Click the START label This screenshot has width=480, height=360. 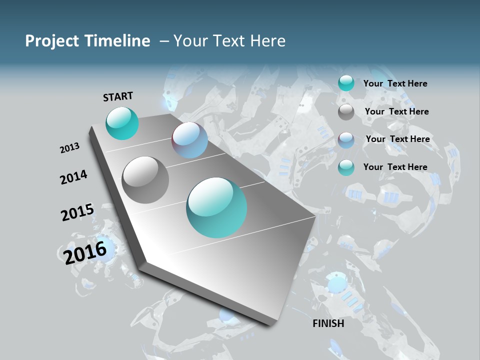tap(118, 96)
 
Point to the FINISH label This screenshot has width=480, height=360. tap(328, 323)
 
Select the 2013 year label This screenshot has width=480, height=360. tap(69, 148)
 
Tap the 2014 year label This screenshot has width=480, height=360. tap(73, 177)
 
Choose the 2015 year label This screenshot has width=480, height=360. tap(77, 212)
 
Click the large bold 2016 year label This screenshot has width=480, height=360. tap(85, 252)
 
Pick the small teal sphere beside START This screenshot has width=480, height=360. tap(122, 123)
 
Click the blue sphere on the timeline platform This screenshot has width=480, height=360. tap(189, 140)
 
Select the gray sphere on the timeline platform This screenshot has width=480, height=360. tap(145, 179)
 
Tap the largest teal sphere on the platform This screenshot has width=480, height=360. tap(216, 207)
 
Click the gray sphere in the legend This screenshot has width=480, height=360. tap(346, 112)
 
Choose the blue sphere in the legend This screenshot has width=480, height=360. tap(346, 140)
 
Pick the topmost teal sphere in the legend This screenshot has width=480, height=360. tap(346, 83)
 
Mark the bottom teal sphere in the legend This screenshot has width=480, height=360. tap(346, 167)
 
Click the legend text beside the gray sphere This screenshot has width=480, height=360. tap(396, 111)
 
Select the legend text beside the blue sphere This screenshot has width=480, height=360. tap(397, 139)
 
